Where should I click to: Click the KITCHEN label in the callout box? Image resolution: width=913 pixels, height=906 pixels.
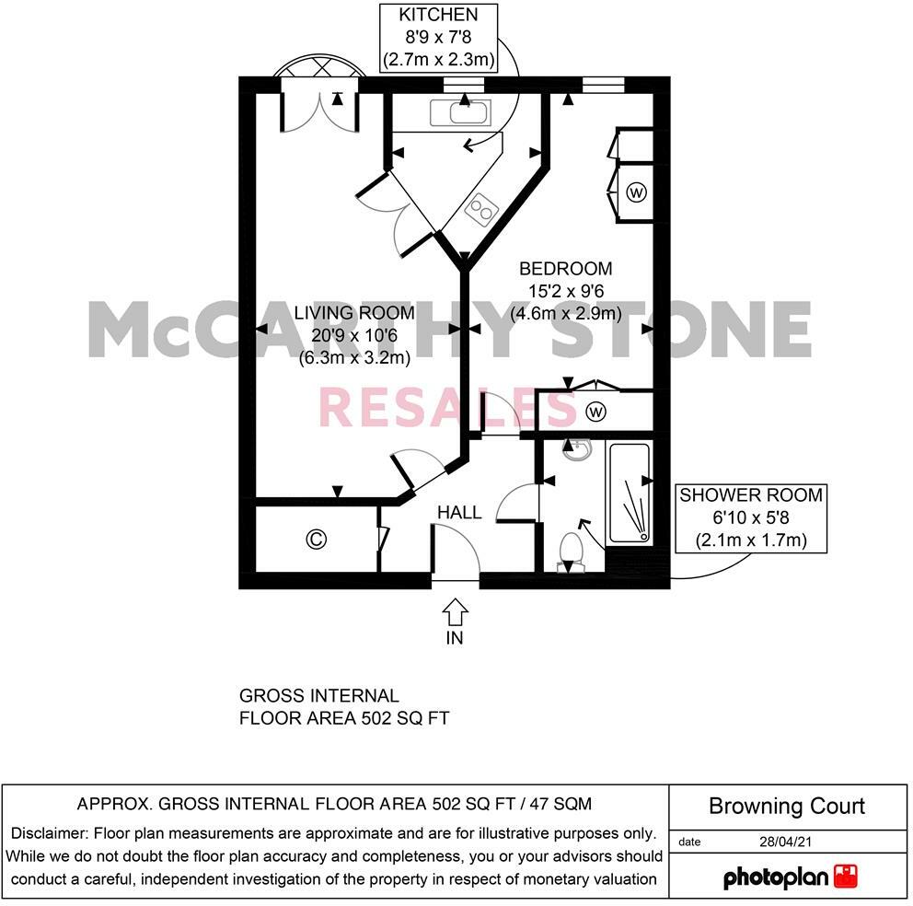tap(439, 15)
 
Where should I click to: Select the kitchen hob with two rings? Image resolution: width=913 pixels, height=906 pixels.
tap(480, 211)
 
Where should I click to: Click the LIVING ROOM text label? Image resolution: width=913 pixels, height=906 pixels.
tap(353, 313)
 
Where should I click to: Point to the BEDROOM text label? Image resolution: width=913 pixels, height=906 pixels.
tap(565, 269)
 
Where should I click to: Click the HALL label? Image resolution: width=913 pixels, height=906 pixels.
tap(458, 513)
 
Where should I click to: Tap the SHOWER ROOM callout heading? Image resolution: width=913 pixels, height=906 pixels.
tap(751, 495)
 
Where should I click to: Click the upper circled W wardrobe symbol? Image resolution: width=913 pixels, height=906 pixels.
tap(636, 192)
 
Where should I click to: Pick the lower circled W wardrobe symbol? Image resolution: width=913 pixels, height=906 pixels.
tap(595, 411)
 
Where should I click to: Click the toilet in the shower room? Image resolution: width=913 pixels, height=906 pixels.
tap(572, 551)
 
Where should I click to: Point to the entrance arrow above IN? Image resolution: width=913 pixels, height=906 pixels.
tap(456, 611)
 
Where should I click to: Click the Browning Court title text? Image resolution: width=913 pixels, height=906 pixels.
tap(787, 807)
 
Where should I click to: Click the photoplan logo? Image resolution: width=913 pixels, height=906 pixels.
tap(790, 877)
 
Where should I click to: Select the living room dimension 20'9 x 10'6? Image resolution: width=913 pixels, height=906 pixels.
tap(353, 336)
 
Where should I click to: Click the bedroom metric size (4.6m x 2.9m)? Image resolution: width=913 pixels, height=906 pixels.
tap(565, 314)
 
